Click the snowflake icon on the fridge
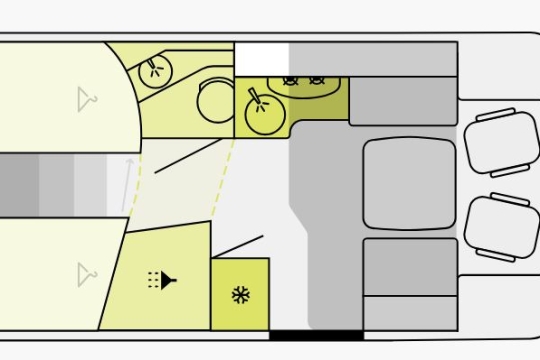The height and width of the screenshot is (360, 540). pyautogui.click(x=240, y=295)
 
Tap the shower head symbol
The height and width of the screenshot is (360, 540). pyautogui.click(x=161, y=279)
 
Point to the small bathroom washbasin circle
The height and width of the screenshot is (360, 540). pyautogui.click(x=155, y=70)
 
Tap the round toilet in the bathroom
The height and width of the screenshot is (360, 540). pyautogui.click(x=215, y=100)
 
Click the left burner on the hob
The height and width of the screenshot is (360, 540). pyautogui.click(x=291, y=80)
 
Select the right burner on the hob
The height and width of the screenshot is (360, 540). pyautogui.click(x=318, y=80)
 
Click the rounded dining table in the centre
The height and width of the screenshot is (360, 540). pyautogui.click(x=409, y=184)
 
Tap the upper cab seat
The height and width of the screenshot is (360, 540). pyautogui.click(x=501, y=143)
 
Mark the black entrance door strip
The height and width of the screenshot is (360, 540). pyautogui.click(x=316, y=335)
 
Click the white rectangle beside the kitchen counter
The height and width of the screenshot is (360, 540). pyautogui.click(x=261, y=59)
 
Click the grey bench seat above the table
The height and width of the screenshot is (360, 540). pyautogui.click(x=403, y=101)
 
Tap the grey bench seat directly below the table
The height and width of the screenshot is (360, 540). pyautogui.click(x=409, y=266)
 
